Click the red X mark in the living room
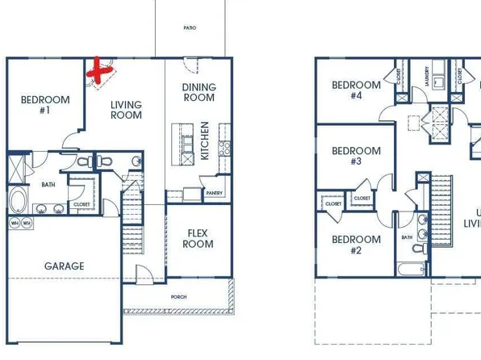99,72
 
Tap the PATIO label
190,27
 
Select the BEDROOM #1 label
45,105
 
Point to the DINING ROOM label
199,92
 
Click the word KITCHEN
205,140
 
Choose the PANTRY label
214,193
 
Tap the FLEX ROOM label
199,238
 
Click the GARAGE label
65,266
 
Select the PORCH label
179,297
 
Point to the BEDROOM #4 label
356,90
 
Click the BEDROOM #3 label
356,156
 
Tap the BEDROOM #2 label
356,245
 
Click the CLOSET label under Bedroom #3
362,198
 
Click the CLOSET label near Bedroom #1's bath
82,204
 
